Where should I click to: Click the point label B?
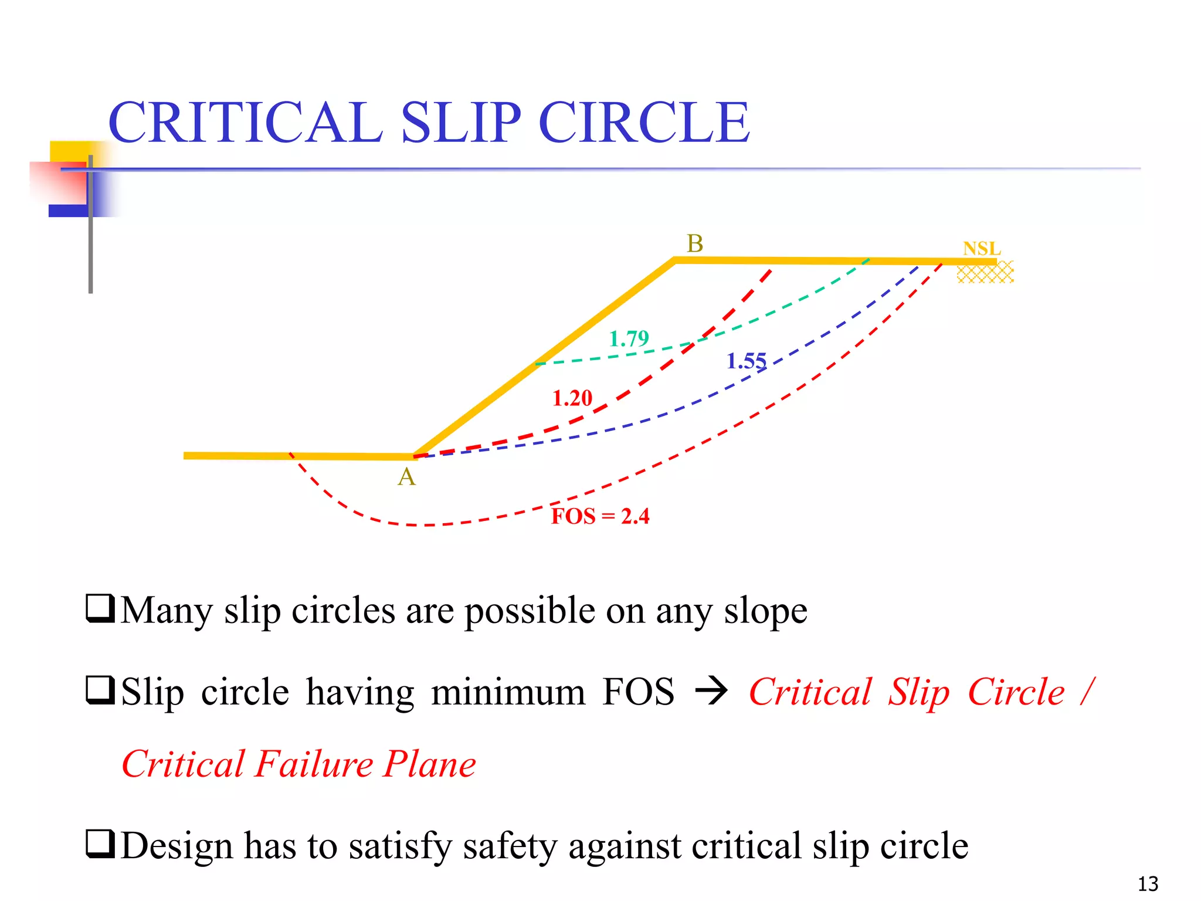[695, 243]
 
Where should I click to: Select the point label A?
[406, 477]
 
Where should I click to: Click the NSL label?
[982, 249]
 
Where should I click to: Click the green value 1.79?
[629, 338]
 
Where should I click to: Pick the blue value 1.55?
[746, 361]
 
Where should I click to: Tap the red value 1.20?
[572, 398]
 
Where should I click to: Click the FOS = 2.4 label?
[600, 516]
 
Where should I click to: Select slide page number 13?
[1148, 883]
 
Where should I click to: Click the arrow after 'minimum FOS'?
[711, 692]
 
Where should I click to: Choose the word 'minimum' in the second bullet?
[508, 692]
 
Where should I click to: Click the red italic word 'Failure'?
[314, 764]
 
